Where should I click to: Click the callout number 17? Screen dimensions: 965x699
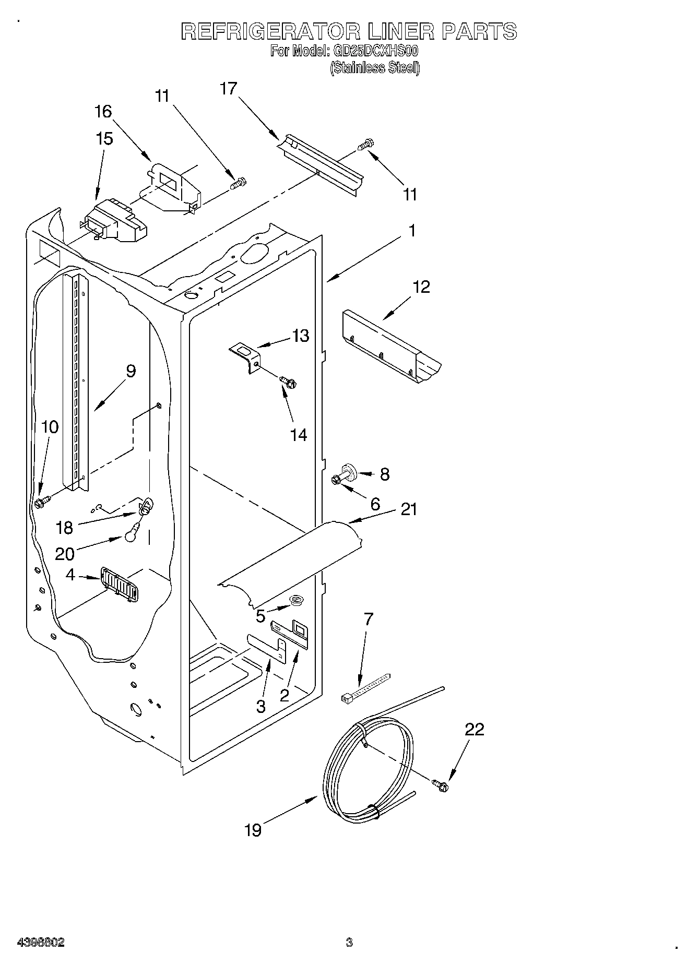click(x=228, y=88)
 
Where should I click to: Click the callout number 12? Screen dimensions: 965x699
click(x=421, y=287)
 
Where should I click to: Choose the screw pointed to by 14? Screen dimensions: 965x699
click(x=288, y=383)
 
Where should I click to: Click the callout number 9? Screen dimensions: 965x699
click(x=130, y=371)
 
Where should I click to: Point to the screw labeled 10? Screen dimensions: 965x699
click(x=41, y=503)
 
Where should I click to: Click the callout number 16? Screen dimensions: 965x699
click(x=103, y=111)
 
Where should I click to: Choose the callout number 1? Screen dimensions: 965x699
click(x=412, y=230)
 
